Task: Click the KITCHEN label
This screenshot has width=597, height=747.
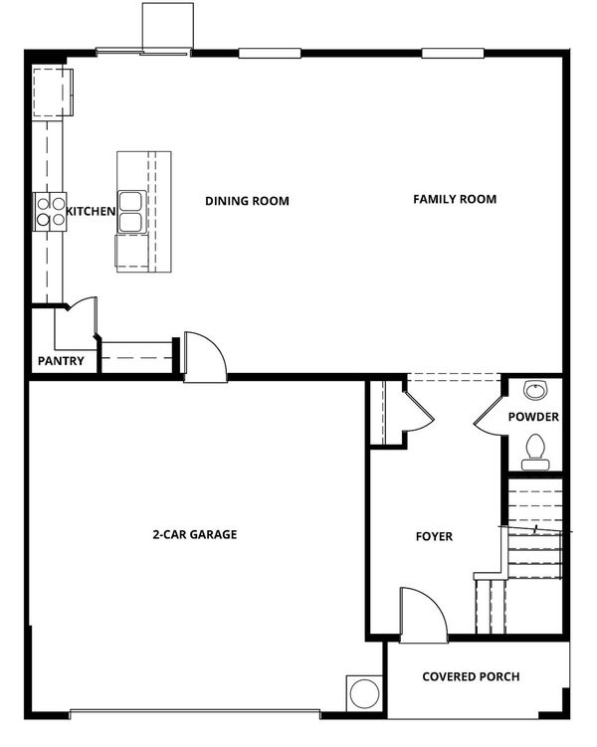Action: tap(91, 211)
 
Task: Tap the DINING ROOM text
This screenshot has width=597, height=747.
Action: tap(247, 201)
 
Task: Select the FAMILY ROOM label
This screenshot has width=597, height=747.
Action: tap(455, 199)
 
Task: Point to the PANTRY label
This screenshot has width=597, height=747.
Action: tap(61, 361)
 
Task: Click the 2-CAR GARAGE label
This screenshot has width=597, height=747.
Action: tap(194, 534)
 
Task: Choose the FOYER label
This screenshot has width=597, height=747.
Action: tap(434, 536)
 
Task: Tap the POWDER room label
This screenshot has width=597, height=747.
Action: tap(533, 417)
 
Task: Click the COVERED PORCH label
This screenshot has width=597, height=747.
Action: tap(471, 676)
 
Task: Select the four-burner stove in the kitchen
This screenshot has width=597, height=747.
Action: tap(50, 212)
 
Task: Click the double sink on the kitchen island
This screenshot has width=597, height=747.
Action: tap(130, 212)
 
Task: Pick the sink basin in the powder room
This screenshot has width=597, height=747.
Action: tap(536, 391)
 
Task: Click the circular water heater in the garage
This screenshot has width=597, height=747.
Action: tap(364, 693)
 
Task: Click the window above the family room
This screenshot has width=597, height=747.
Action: tap(453, 53)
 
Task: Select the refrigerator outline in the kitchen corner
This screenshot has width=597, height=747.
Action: tap(52, 93)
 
